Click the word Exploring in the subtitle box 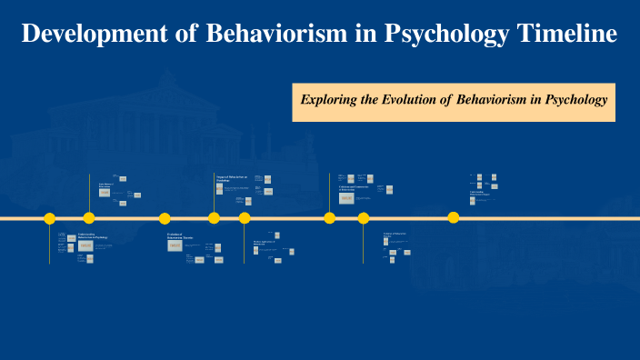pos(329,99)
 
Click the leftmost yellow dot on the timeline pos(50,218)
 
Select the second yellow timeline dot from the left pos(89,218)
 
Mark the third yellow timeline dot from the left pos(165,218)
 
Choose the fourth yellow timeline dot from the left pos(214,218)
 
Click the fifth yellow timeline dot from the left pos(245,218)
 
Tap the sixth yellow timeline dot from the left pos(329,218)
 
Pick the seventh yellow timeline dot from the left pos(364,218)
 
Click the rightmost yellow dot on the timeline pos(454,218)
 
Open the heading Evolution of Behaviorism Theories pos(181,236)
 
